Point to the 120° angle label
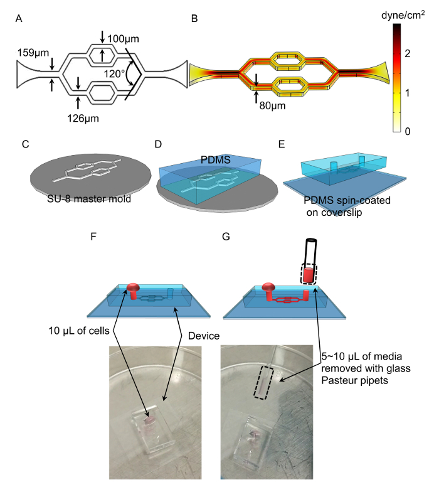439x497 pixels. pos(115,72)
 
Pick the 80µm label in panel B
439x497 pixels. pos(272,106)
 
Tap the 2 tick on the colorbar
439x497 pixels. pos(408,54)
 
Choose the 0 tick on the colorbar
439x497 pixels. pos(408,131)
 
